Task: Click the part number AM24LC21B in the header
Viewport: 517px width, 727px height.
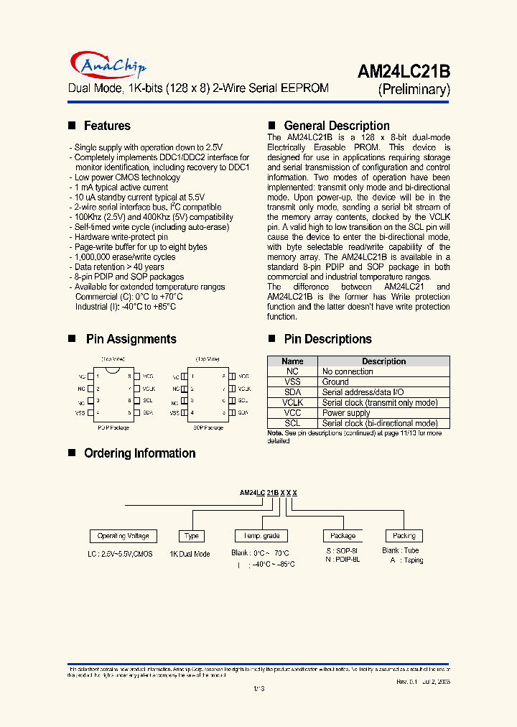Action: pyautogui.click(x=404, y=72)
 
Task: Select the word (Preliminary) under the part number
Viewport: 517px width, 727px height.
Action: pyautogui.click(x=414, y=90)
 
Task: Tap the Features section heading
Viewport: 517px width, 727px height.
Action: pyautogui.click(x=107, y=126)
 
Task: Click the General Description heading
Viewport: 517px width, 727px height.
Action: pyautogui.click(x=337, y=126)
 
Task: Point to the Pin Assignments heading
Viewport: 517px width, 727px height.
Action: pyautogui.click(x=131, y=339)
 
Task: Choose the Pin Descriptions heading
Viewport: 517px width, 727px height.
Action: pyautogui.click(x=327, y=339)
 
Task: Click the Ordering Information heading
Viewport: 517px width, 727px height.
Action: pyautogui.click(x=139, y=453)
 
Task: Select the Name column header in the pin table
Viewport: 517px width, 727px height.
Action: pyautogui.click(x=292, y=361)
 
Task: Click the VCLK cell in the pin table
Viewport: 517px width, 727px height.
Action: pyautogui.click(x=292, y=403)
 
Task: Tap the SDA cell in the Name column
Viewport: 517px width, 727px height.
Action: pyautogui.click(x=292, y=392)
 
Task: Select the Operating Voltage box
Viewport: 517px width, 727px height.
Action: pyautogui.click(x=124, y=536)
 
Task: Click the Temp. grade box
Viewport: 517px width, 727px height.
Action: pyautogui.click(x=261, y=536)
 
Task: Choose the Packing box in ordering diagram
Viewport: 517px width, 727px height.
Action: pyautogui.click(x=404, y=536)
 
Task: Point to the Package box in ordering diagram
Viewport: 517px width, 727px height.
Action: pyautogui.click(x=343, y=536)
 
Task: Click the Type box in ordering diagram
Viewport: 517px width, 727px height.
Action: pyautogui.click(x=192, y=536)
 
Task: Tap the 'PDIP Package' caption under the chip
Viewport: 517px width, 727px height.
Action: pyautogui.click(x=113, y=427)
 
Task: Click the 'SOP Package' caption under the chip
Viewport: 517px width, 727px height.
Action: pyautogui.click(x=208, y=427)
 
